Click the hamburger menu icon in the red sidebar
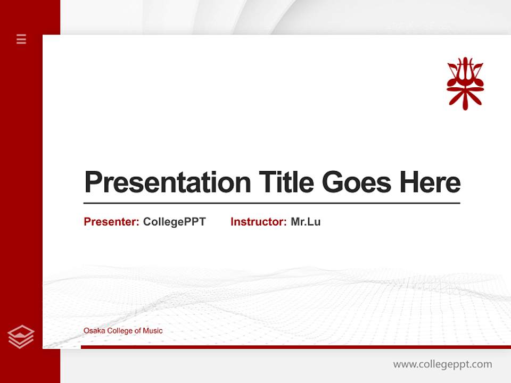tap(21, 39)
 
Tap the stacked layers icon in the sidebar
tap(21, 337)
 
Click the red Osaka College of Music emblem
tap(465, 83)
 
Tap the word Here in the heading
tap(430, 182)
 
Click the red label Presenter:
tap(111, 222)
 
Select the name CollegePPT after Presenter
tap(174, 222)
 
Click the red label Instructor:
tap(258, 222)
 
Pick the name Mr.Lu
tap(306, 222)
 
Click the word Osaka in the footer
tap(94, 331)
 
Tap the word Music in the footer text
tap(153, 331)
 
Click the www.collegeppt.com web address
tap(442, 364)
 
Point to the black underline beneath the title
tap(271, 203)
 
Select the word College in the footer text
tap(120, 331)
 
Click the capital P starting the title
tap(93, 182)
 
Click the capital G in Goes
tap(333, 182)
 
